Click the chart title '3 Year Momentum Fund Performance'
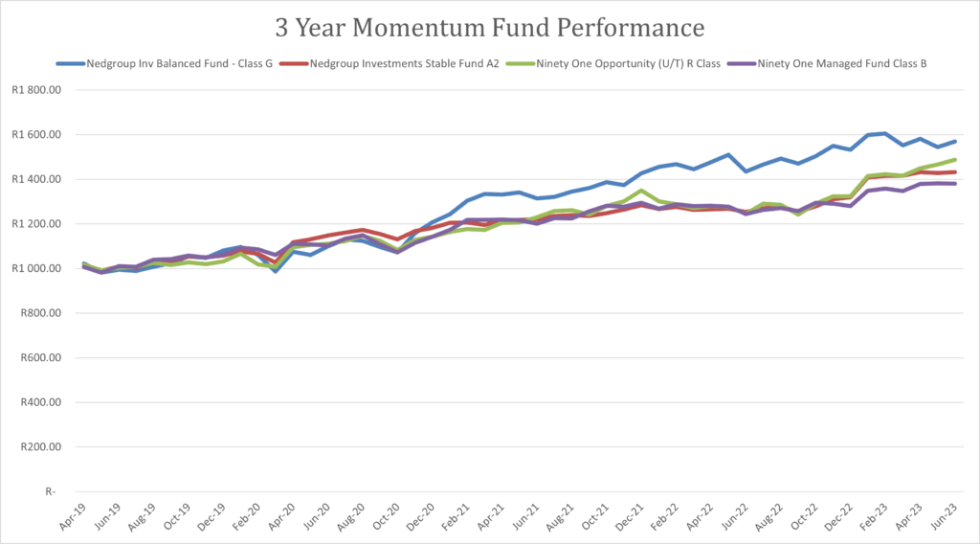tap(489, 27)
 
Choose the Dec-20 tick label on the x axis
tap(419, 517)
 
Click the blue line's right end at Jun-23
tap(954, 142)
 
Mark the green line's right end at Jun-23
tap(954, 160)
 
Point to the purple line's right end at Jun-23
tap(954, 184)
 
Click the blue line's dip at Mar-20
tap(276, 272)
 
